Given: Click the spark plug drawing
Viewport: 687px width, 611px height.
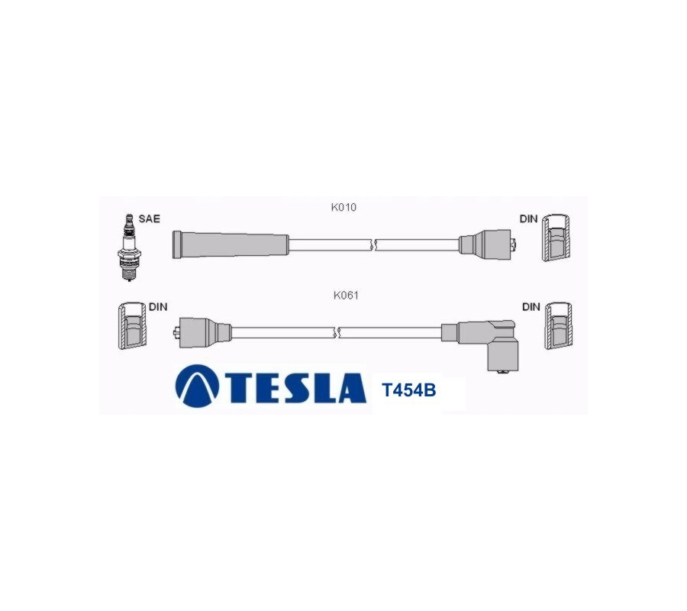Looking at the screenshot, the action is (x=129, y=247).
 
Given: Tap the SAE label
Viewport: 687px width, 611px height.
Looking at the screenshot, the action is (x=150, y=218).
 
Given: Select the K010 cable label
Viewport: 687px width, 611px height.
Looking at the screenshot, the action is (x=343, y=207).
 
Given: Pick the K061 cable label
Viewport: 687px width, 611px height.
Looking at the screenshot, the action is (x=346, y=296).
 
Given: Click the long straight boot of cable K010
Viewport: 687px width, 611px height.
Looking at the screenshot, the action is (x=231, y=244).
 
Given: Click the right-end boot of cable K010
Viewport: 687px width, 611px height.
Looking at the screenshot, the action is (x=488, y=244).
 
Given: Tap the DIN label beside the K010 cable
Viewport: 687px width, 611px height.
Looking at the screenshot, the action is (x=528, y=218).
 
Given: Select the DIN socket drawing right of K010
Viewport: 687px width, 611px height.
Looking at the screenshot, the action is (x=556, y=238).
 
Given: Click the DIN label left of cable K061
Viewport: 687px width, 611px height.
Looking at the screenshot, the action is (x=158, y=307).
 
